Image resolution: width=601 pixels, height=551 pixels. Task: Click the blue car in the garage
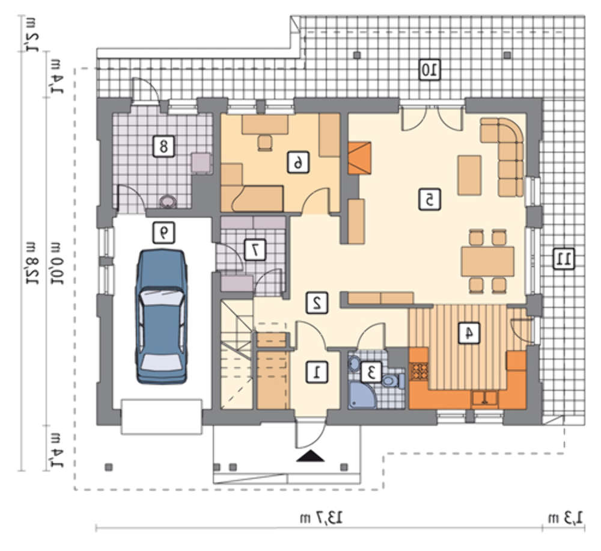click(161, 316)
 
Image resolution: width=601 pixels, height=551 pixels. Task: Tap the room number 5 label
click(429, 200)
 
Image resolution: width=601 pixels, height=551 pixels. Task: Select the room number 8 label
click(163, 146)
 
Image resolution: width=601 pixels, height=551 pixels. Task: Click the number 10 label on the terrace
click(429, 70)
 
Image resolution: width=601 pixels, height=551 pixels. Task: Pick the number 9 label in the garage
click(163, 233)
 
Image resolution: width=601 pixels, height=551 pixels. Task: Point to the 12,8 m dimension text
click(32, 262)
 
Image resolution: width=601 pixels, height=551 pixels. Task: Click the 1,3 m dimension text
click(566, 519)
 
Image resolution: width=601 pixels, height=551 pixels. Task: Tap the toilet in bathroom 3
click(393, 381)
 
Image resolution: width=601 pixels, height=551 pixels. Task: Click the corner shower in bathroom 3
click(362, 395)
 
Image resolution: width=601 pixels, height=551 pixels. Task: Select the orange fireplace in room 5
click(359, 158)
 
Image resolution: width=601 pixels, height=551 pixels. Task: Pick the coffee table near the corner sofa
click(469, 175)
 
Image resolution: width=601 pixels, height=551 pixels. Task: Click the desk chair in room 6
click(265, 143)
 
